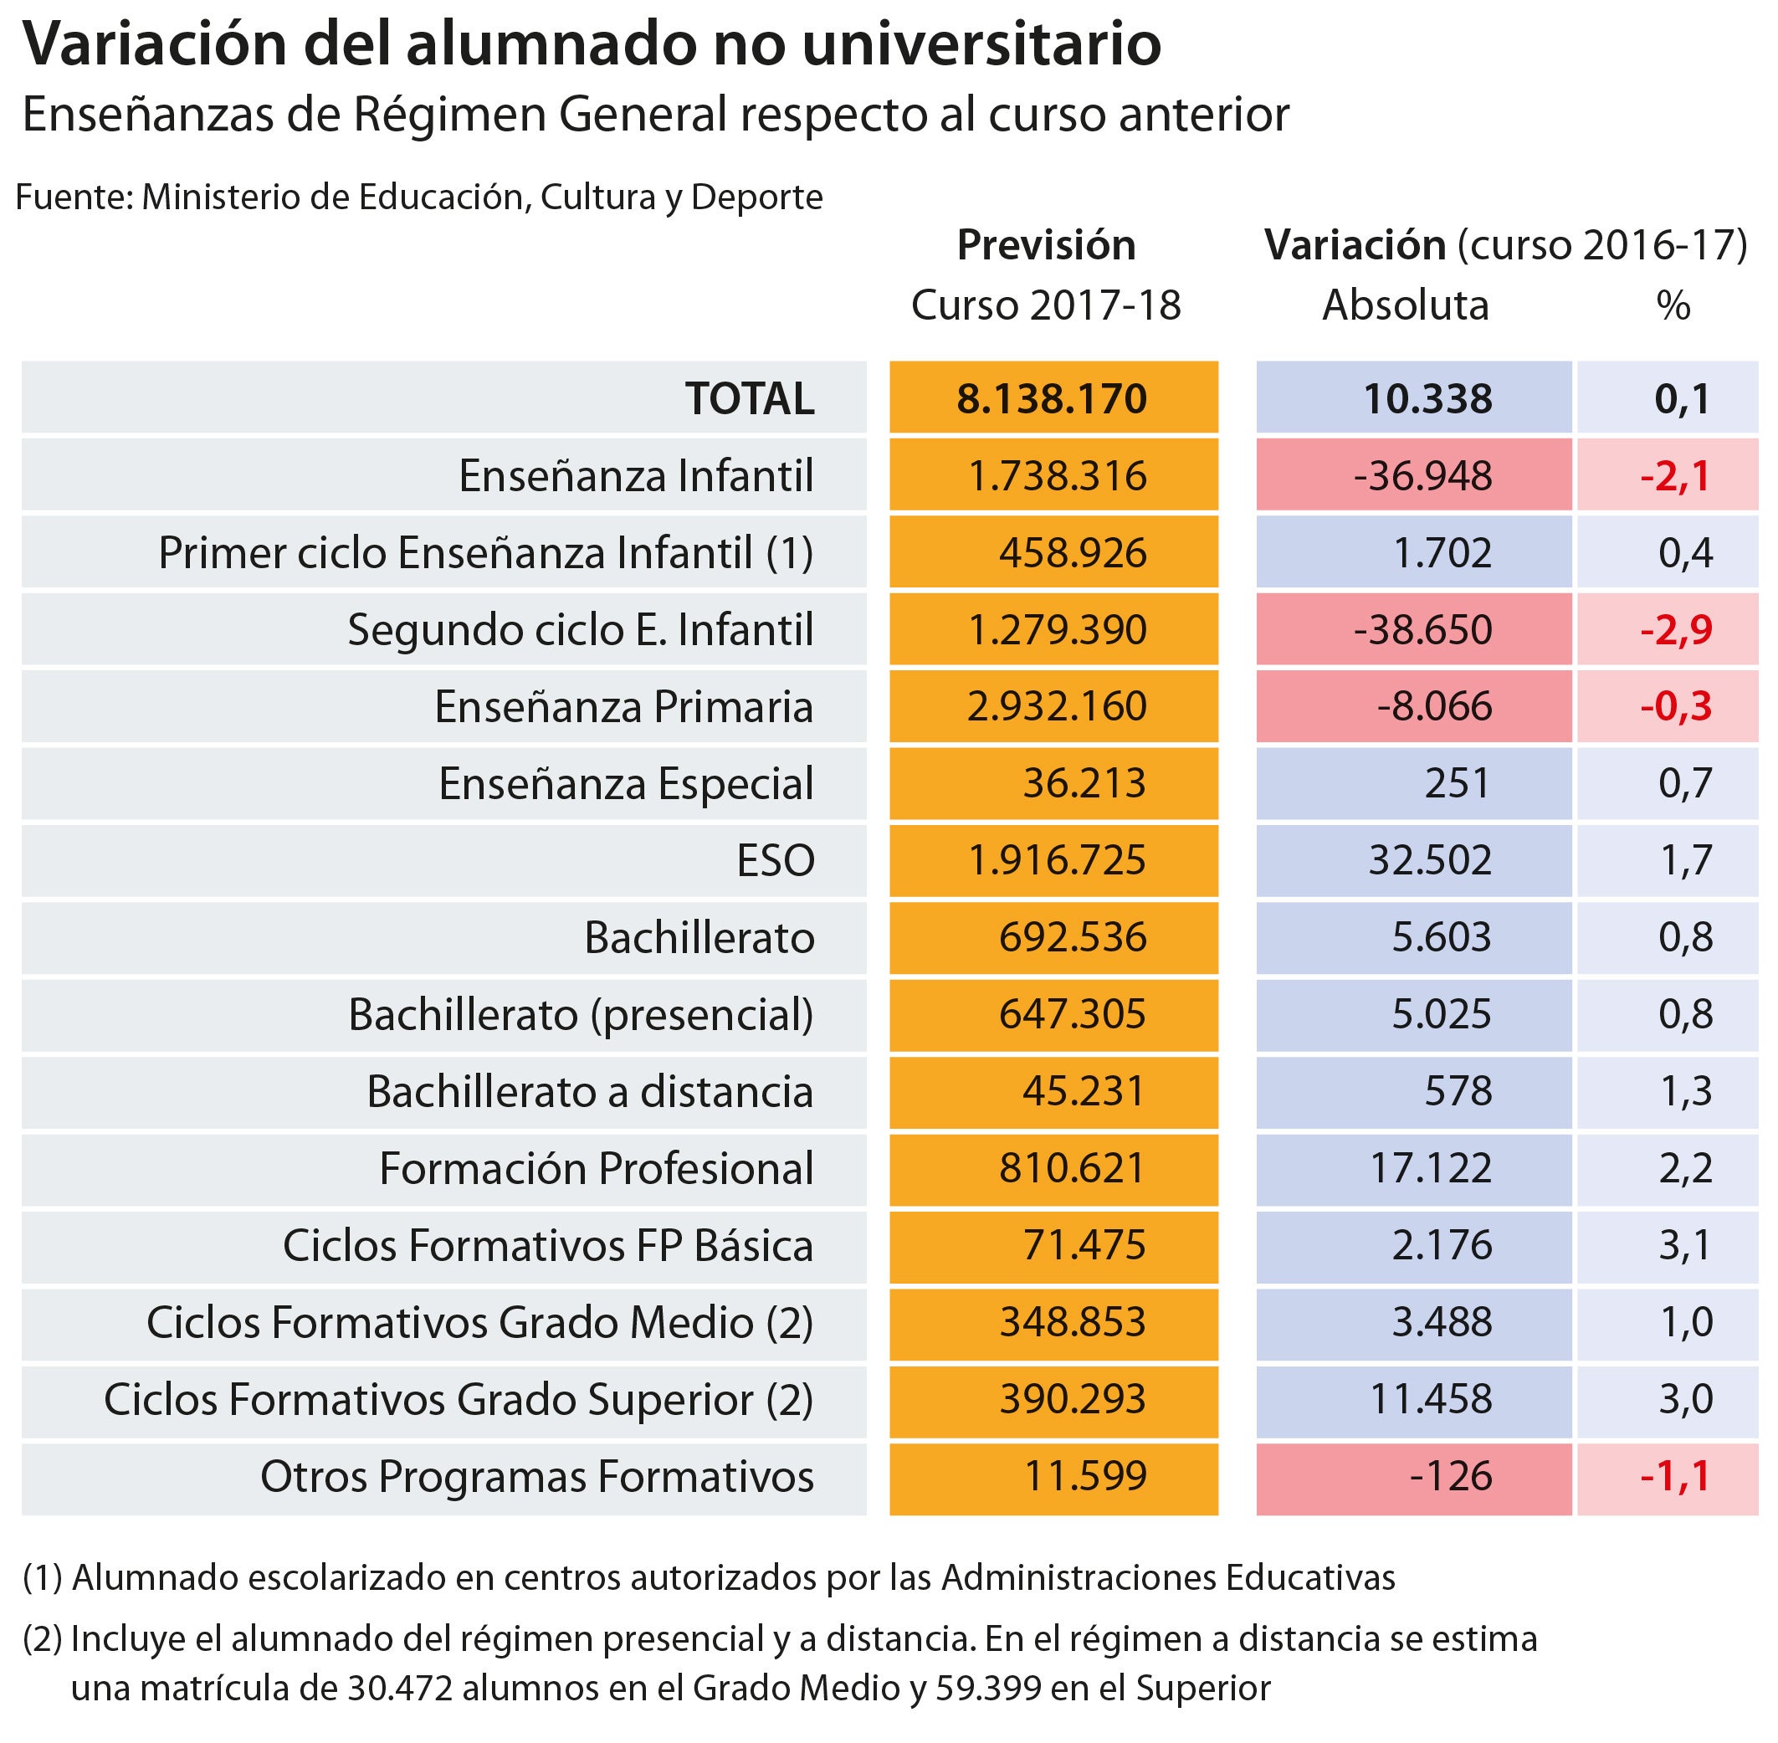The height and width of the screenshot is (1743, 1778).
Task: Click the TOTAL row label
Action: (x=749, y=398)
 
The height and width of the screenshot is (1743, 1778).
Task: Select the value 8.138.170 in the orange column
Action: (x=1051, y=398)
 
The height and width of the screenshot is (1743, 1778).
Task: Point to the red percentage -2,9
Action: (x=1675, y=630)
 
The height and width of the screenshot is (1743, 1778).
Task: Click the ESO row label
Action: (x=775, y=860)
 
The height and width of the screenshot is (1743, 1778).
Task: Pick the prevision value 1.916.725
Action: (x=1056, y=860)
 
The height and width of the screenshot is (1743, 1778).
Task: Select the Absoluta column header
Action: (x=1405, y=305)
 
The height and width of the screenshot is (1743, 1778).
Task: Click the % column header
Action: (x=1673, y=305)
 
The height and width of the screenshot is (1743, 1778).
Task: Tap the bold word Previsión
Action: (x=1046, y=245)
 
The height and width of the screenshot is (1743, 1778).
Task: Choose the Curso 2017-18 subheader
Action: (x=1046, y=305)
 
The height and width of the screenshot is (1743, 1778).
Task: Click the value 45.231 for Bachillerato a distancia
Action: (x=1083, y=1091)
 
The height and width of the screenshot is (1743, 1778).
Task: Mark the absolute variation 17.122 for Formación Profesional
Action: (x=1429, y=1168)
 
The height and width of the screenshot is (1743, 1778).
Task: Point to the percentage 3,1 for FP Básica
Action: (x=1684, y=1245)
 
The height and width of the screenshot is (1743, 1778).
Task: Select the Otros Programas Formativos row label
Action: (x=536, y=1477)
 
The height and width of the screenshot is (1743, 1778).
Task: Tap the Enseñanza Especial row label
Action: (x=625, y=783)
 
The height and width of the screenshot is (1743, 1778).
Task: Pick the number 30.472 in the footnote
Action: (x=400, y=1688)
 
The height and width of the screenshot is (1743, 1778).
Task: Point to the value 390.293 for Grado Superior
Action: (x=1071, y=1399)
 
